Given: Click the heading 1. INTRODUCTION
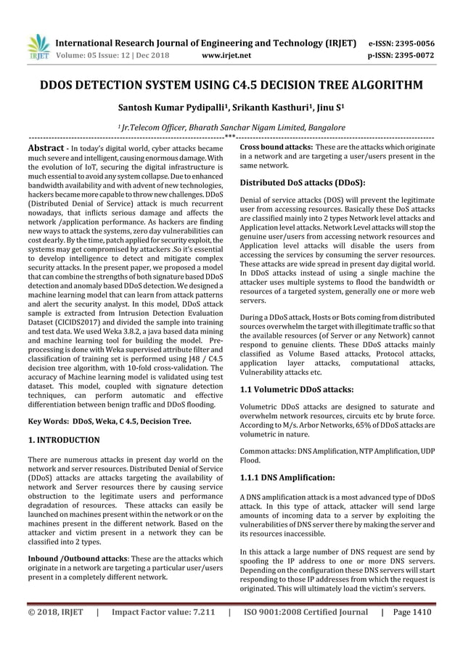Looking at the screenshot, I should tap(64, 440).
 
